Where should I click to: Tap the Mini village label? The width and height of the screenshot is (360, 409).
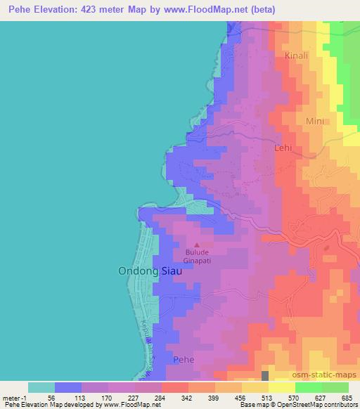315,121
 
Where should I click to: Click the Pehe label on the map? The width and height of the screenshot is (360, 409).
184,359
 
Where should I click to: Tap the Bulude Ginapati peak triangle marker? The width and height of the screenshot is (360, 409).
196,245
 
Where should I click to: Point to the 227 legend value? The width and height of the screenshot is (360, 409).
134,397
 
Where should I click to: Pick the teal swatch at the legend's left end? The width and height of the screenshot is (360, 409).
41,387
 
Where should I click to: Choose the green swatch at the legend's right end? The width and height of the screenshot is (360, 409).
335,387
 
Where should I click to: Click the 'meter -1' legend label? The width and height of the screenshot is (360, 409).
14,397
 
